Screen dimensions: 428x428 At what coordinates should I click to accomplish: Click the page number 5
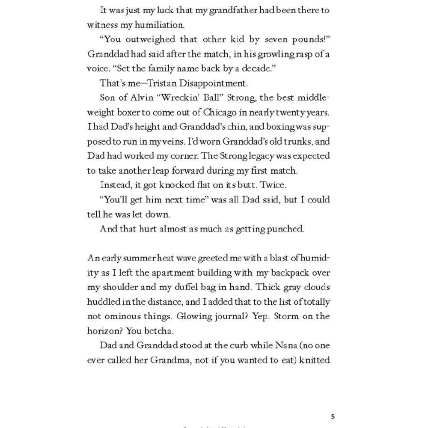click(x=333, y=416)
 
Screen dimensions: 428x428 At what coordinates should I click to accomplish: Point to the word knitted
click(x=314, y=360)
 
